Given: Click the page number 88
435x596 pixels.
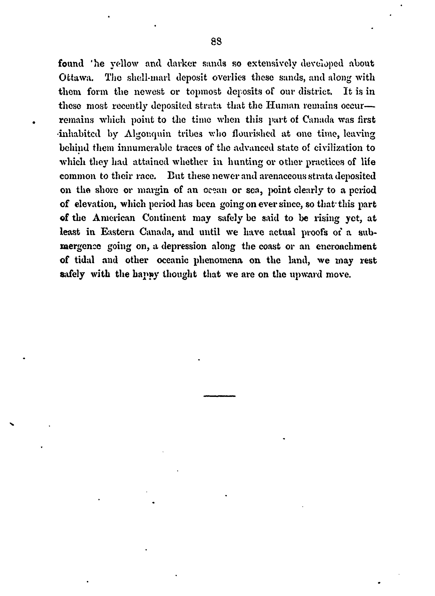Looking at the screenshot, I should tap(216, 42).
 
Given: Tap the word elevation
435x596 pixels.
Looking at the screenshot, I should tap(95, 204).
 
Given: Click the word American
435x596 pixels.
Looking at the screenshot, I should tap(114, 218).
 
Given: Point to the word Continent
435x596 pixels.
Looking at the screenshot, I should tap(164, 218).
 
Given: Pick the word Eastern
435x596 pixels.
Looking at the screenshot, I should tap(117, 232).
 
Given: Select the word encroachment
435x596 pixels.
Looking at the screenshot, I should tap(346, 246).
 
